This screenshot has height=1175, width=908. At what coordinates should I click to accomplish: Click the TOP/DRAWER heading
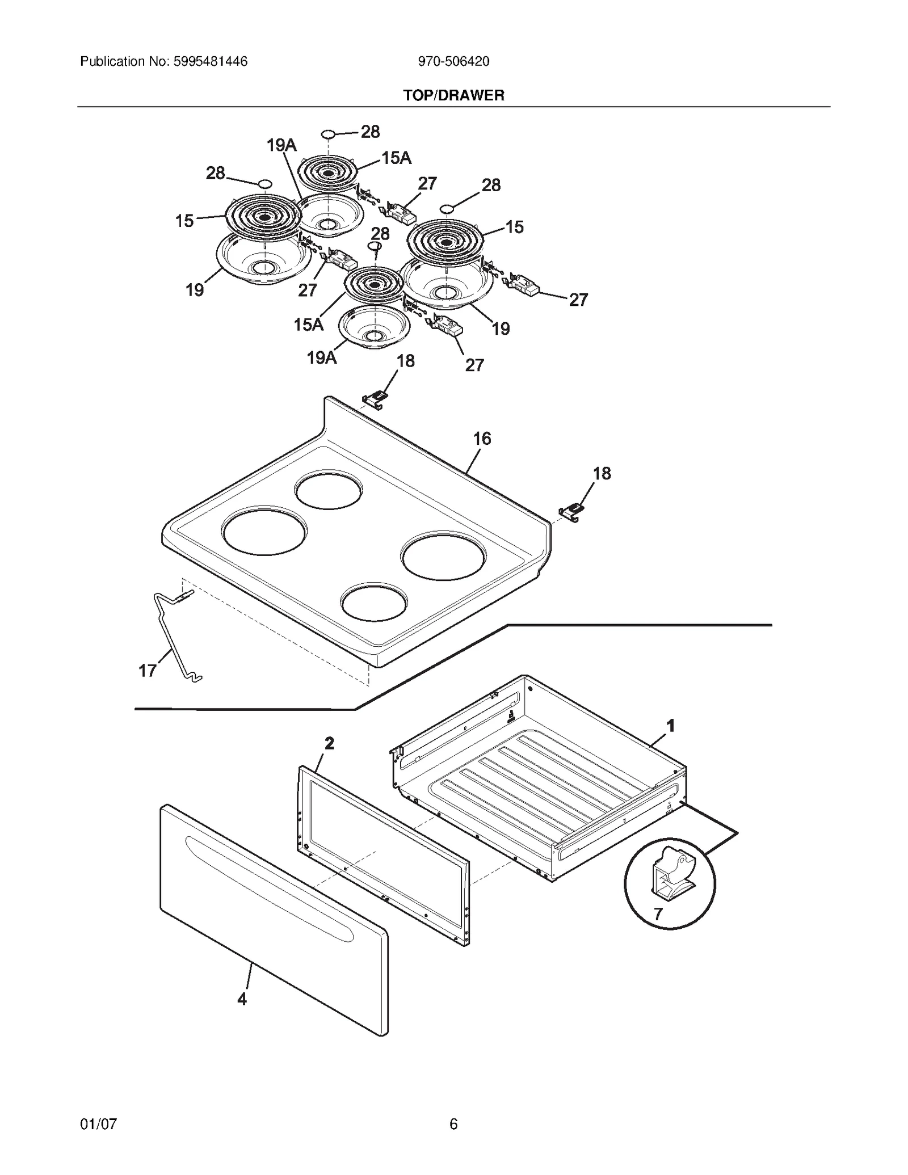(x=453, y=95)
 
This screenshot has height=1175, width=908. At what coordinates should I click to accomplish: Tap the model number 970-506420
(x=453, y=61)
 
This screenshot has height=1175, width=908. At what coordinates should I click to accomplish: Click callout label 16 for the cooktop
(x=482, y=439)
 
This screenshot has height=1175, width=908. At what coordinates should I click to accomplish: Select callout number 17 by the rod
(x=148, y=671)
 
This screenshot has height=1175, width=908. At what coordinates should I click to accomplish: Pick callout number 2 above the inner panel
(x=329, y=743)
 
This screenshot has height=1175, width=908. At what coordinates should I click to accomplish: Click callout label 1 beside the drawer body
(x=670, y=726)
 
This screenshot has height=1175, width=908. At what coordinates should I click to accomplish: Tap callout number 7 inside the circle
(x=658, y=914)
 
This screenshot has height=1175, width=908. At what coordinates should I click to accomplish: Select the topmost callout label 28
(x=370, y=132)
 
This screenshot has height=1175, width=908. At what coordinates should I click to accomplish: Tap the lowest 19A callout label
(x=322, y=357)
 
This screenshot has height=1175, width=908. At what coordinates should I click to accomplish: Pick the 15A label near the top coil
(x=396, y=158)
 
